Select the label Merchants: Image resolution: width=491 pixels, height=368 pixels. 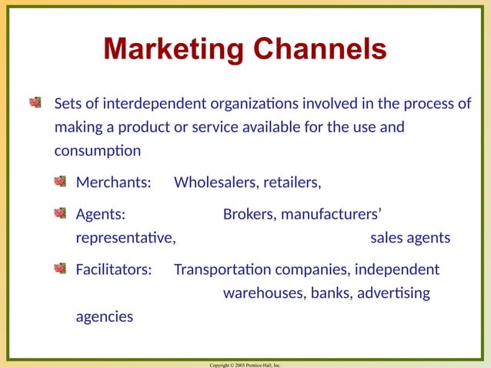click(x=112, y=183)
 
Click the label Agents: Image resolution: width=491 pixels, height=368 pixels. click(x=102, y=214)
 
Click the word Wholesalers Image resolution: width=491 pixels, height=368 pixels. click(x=216, y=183)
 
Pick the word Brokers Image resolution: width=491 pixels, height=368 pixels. click(x=248, y=214)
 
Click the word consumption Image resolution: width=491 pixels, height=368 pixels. click(x=97, y=150)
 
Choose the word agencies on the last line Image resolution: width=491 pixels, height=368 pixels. click(x=104, y=316)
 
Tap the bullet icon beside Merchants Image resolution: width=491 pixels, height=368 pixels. click(x=60, y=182)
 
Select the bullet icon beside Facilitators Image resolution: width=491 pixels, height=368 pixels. click(x=60, y=269)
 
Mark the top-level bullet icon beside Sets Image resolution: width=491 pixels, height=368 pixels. click(x=35, y=102)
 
